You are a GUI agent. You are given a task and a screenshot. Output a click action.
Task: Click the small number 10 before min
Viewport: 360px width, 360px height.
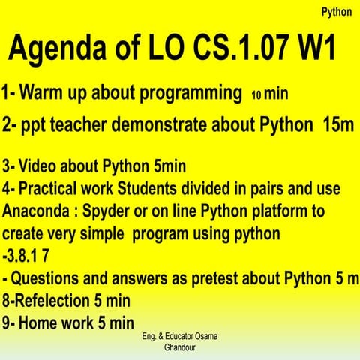tap(255, 96)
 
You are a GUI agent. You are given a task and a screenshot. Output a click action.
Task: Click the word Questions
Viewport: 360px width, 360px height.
tap(49, 278)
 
